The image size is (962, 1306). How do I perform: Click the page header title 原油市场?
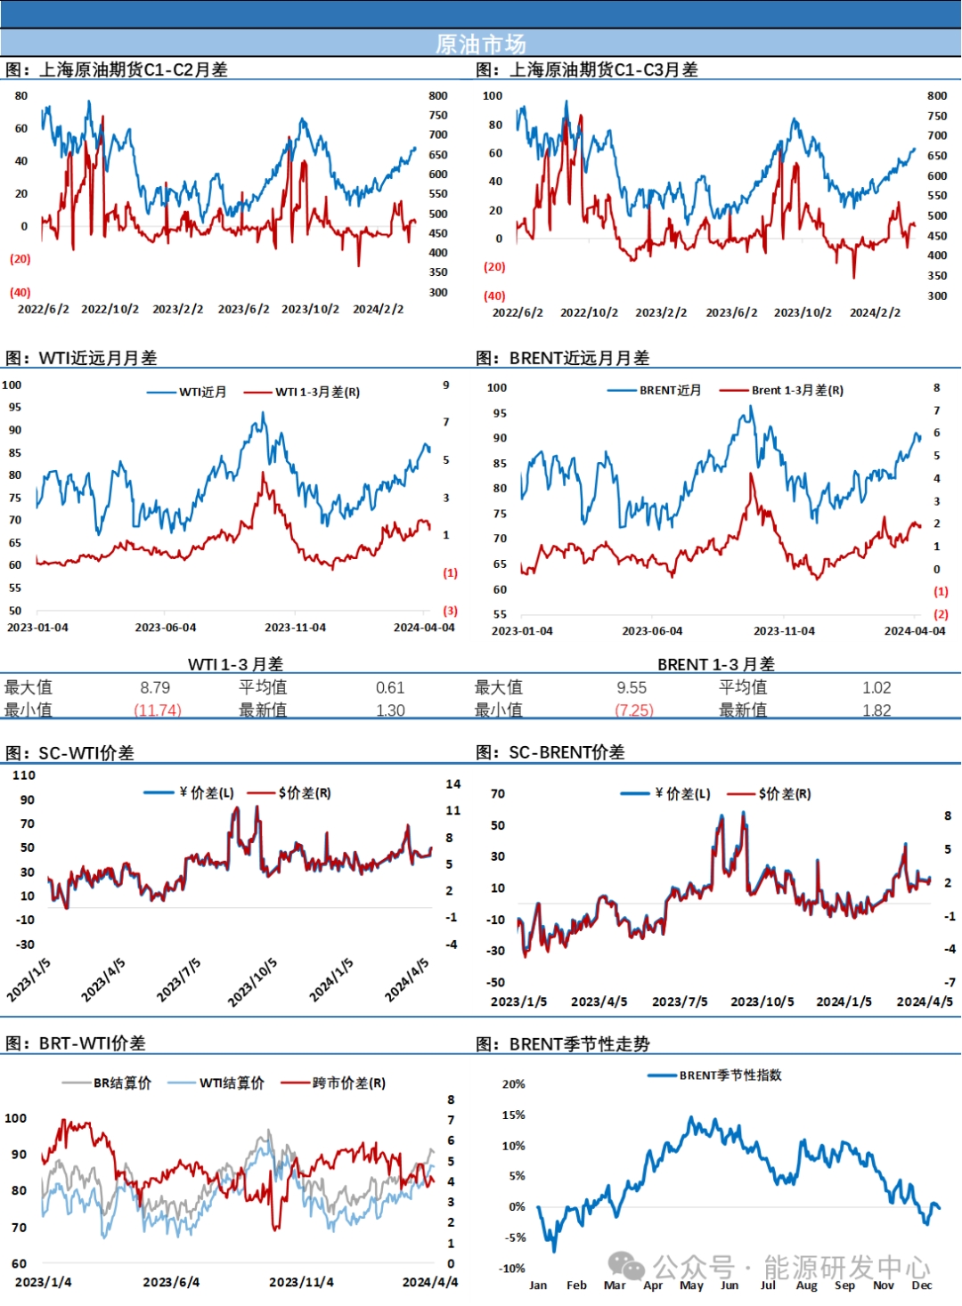(x=480, y=44)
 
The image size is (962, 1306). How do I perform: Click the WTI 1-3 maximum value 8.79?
(x=155, y=687)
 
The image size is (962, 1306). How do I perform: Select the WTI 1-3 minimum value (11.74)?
(x=158, y=710)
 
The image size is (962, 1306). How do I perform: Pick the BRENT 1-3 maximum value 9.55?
(x=632, y=687)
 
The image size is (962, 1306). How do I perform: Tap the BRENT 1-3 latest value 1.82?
(x=876, y=710)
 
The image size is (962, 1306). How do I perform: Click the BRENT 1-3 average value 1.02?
(x=876, y=687)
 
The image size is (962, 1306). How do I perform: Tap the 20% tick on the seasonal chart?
(x=514, y=1083)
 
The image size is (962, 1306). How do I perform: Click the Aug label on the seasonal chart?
(x=806, y=1285)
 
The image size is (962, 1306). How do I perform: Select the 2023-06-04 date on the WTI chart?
(x=166, y=628)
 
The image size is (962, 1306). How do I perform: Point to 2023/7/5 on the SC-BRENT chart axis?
(x=680, y=1002)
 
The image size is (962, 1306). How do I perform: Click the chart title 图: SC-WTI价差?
(x=70, y=752)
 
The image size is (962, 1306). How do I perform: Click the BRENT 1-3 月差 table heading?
(x=715, y=664)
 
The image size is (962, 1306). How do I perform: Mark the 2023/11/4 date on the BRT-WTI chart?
(x=301, y=1282)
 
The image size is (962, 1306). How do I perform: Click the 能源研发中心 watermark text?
(x=846, y=1267)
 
